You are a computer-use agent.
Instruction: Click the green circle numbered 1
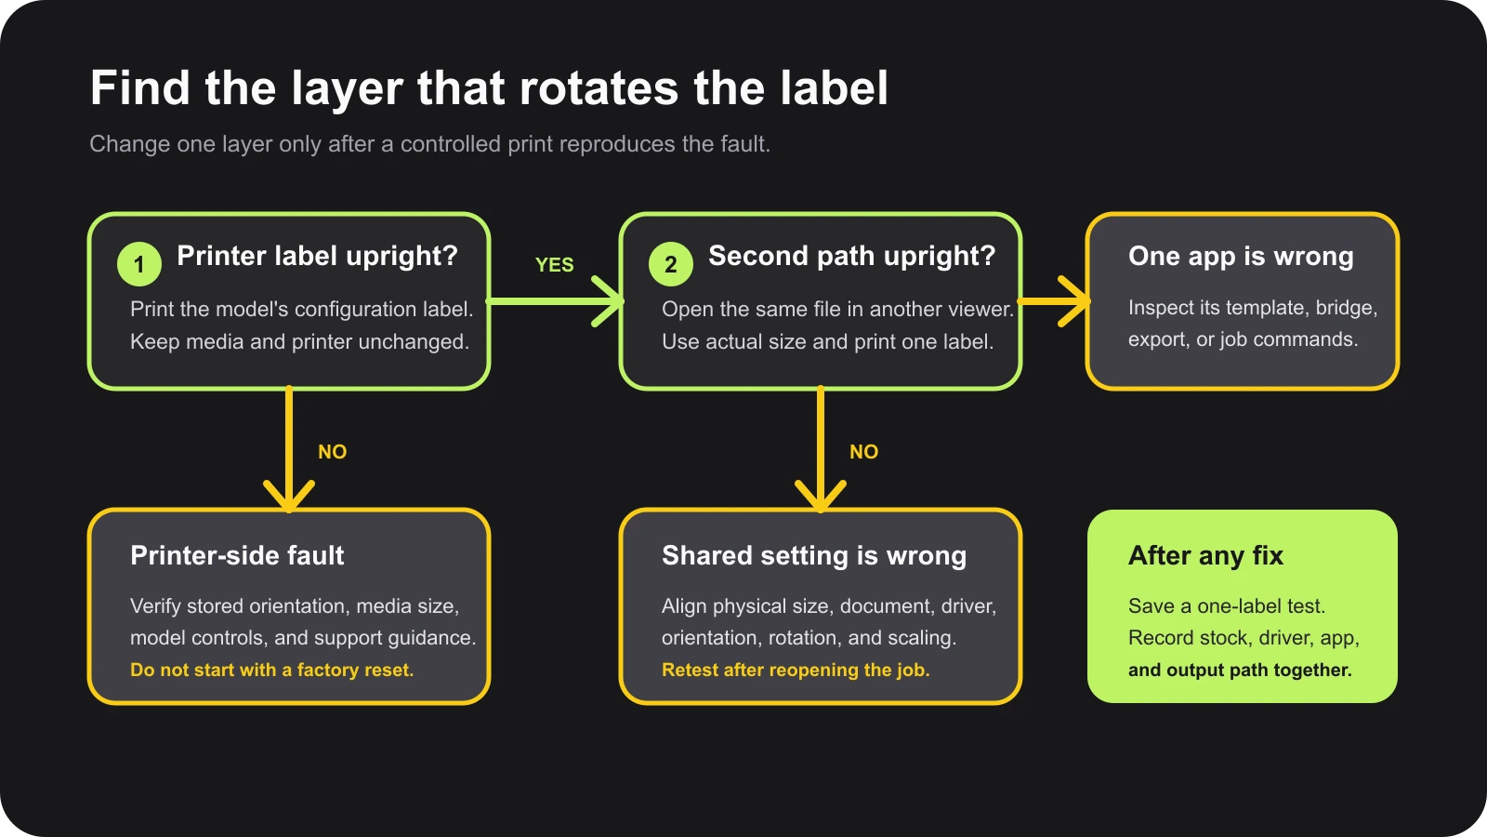click(x=139, y=264)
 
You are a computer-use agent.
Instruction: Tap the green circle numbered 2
click(x=670, y=264)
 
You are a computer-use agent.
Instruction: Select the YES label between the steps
click(x=554, y=264)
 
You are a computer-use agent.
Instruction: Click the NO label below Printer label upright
click(x=333, y=452)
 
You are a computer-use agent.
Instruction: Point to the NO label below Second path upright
click(x=863, y=452)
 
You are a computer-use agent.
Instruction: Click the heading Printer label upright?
click(x=317, y=256)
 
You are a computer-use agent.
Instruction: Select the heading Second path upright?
click(x=851, y=256)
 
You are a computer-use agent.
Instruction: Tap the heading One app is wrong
click(x=1241, y=257)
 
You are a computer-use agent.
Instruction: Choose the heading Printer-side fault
click(x=237, y=555)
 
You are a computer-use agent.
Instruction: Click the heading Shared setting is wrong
click(x=814, y=555)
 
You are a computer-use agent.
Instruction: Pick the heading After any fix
click(x=1205, y=555)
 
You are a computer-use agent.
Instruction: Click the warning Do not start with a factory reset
click(x=271, y=670)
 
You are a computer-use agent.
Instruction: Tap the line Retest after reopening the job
click(x=796, y=670)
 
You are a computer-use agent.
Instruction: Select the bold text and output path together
click(x=1240, y=670)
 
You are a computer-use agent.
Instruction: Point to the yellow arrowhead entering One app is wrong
click(x=1074, y=301)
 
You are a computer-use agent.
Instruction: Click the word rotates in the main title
click(x=599, y=88)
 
